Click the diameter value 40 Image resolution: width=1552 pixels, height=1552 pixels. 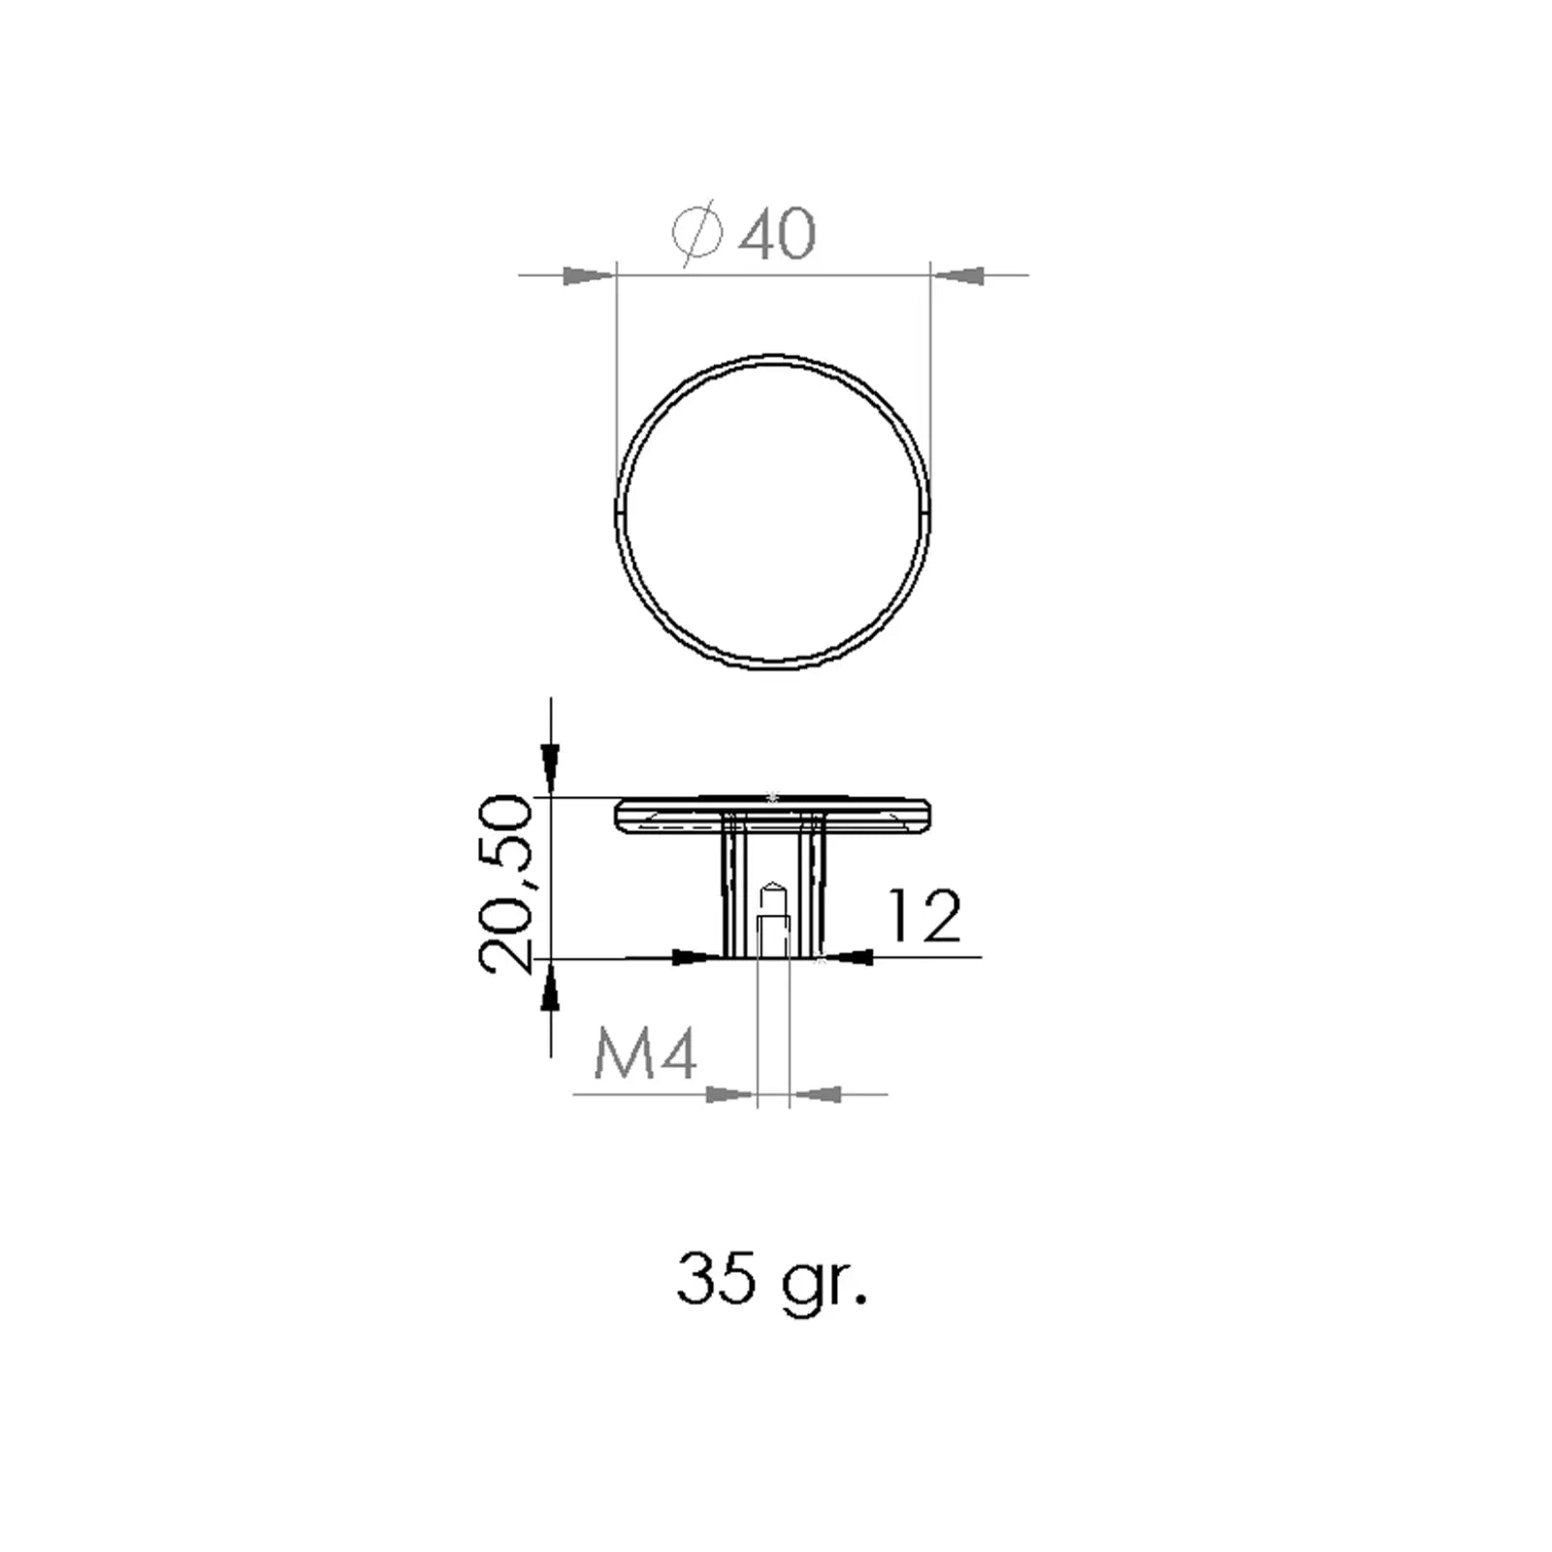pyautogui.click(x=777, y=233)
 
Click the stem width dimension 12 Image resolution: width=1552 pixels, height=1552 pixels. pyautogui.click(x=924, y=916)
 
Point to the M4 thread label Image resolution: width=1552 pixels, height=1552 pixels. pyautogui.click(x=645, y=1054)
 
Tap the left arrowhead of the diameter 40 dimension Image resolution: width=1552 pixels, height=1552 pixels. pyautogui.click(x=589, y=276)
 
